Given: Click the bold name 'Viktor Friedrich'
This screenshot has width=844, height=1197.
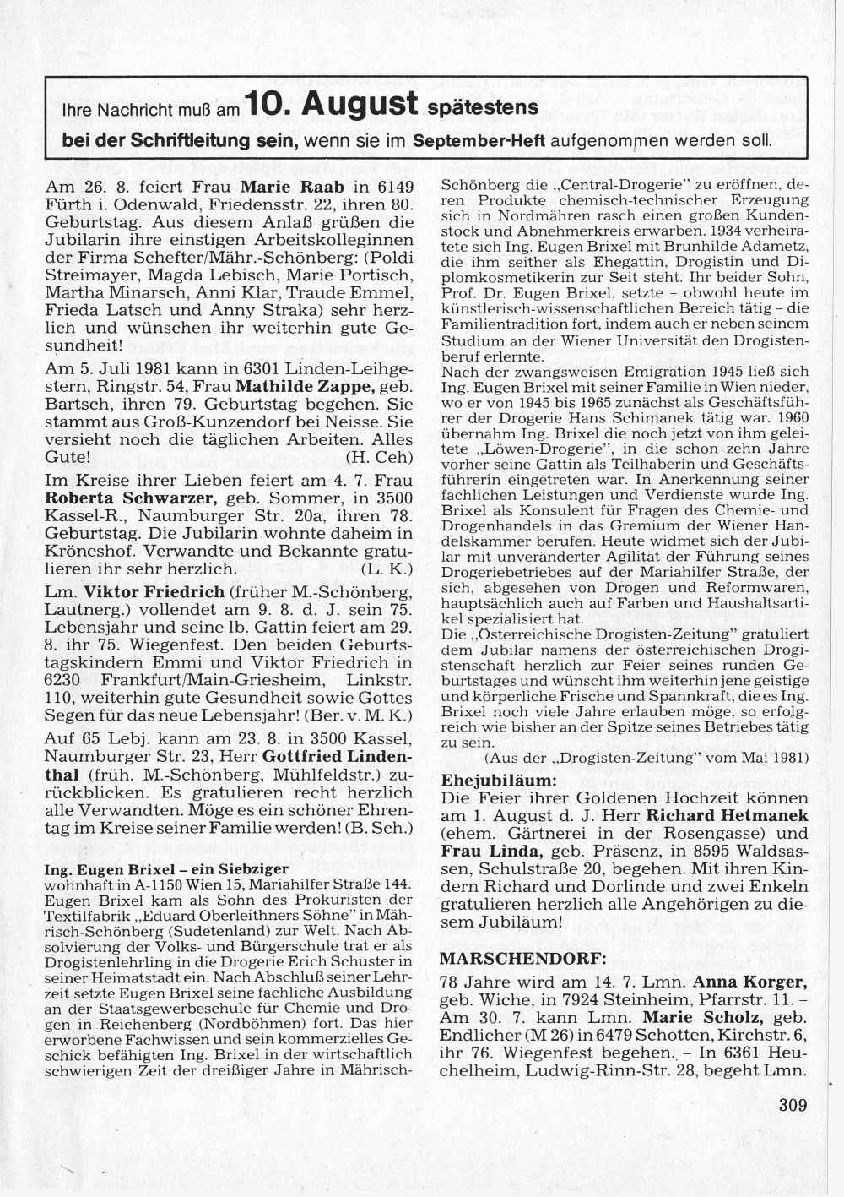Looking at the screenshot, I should point(154,591).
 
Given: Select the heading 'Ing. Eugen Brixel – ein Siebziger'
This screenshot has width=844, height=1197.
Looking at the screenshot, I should point(167,868).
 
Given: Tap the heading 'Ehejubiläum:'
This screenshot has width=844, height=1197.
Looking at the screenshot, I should point(499,778).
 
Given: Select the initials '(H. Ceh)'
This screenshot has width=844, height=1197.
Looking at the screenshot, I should point(380,458).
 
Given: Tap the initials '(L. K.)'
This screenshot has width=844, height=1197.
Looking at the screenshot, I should point(387,569).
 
